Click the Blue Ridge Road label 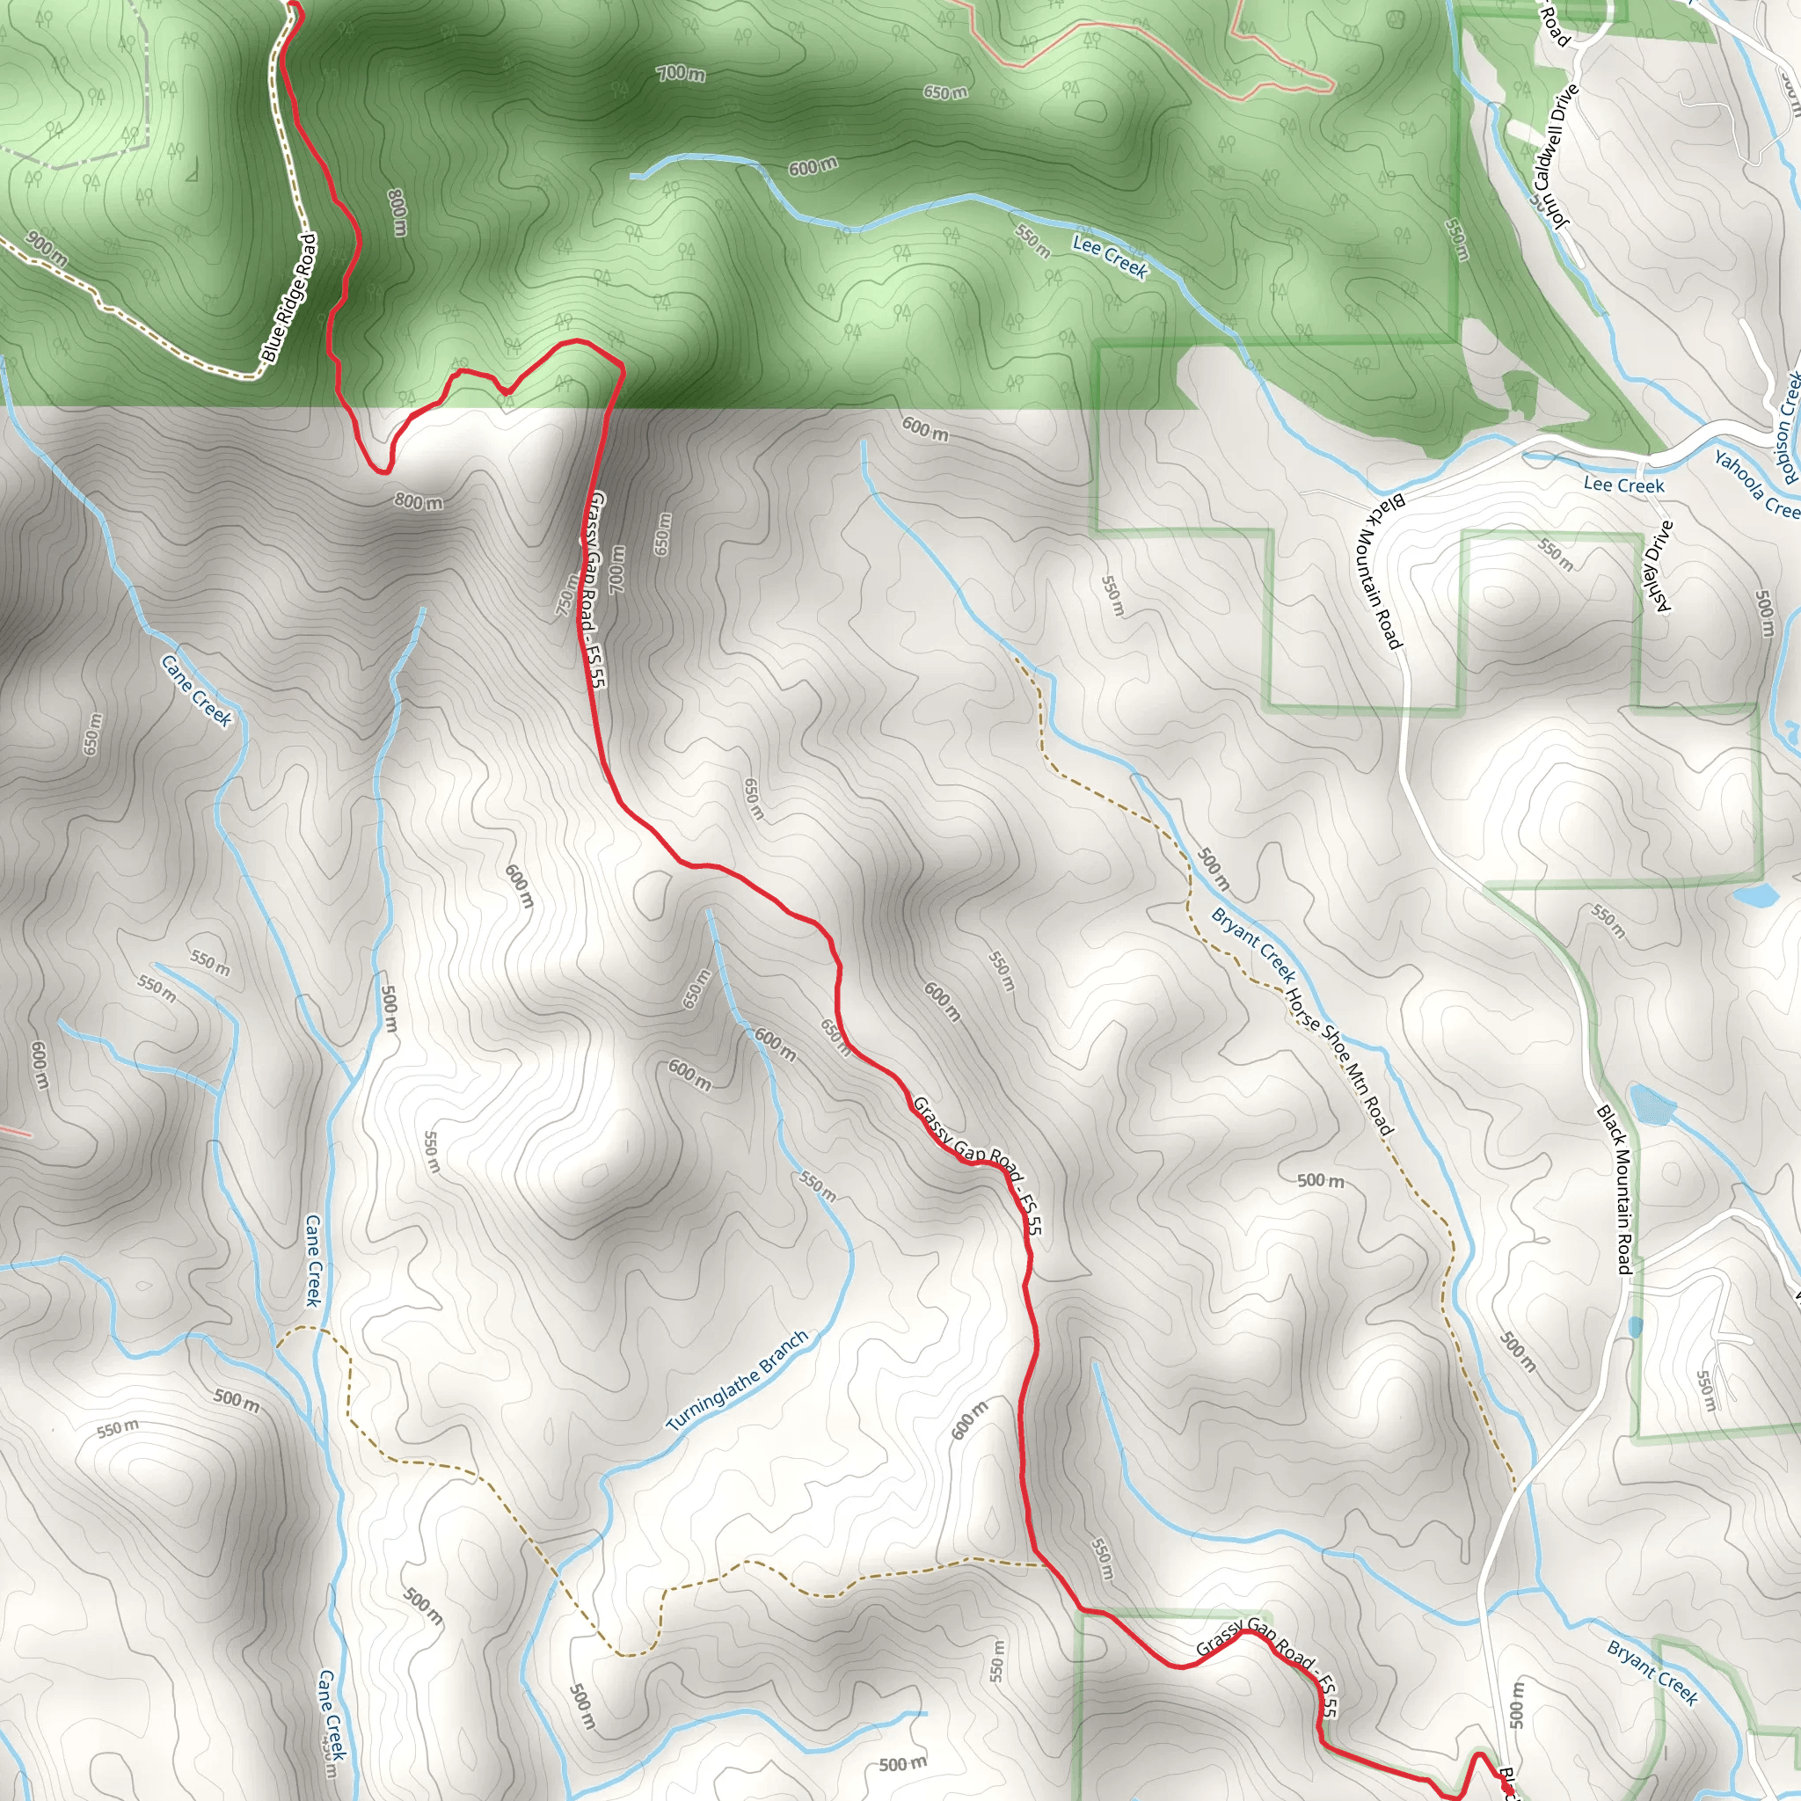pos(289,298)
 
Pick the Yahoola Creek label pos(1756,485)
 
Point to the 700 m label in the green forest pos(681,73)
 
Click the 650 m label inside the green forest pos(945,92)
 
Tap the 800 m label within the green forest pos(397,213)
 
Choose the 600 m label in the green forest pos(813,167)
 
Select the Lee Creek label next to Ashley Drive pos(1623,485)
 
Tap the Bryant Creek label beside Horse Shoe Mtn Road pos(1253,945)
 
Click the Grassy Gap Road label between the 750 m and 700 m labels pos(594,592)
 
